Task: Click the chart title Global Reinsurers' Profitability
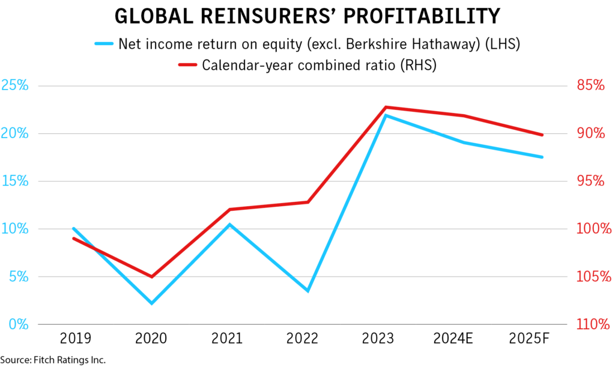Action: tap(307, 17)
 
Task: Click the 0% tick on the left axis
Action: tap(19, 325)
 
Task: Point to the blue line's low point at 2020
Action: tap(151, 303)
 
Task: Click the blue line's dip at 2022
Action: tap(308, 291)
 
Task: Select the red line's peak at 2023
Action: tap(386, 107)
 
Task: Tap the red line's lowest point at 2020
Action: tap(151, 276)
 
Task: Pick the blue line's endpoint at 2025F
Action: tap(542, 157)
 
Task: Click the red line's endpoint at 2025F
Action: tap(542, 135)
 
